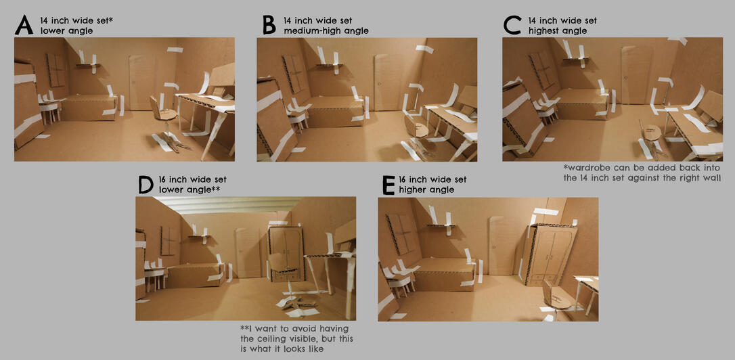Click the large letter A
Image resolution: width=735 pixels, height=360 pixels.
24,25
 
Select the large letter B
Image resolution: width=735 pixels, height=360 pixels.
269,25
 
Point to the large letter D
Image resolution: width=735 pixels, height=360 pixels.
146,185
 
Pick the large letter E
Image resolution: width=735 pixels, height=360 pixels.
388,185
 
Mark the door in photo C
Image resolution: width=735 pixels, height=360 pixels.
636,75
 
